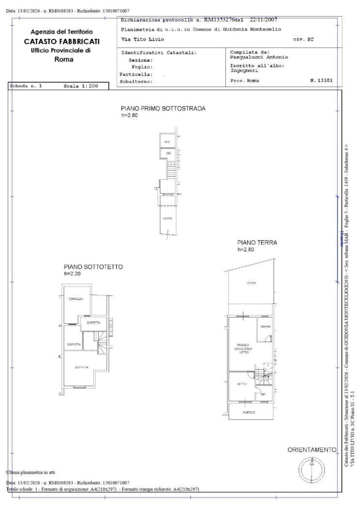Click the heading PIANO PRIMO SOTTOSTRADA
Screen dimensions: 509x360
163,109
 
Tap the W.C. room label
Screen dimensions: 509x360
167,142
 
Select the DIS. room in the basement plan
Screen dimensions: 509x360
168,153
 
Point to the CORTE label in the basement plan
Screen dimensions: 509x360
167,218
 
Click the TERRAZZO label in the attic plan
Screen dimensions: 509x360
75,299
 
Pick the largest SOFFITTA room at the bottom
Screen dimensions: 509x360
82,367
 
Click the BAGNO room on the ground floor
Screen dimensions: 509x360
265,326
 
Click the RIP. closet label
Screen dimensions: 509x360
263,394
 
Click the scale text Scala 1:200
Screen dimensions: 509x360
81,86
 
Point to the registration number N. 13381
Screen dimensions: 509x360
321,80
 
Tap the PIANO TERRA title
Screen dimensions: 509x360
257,242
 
